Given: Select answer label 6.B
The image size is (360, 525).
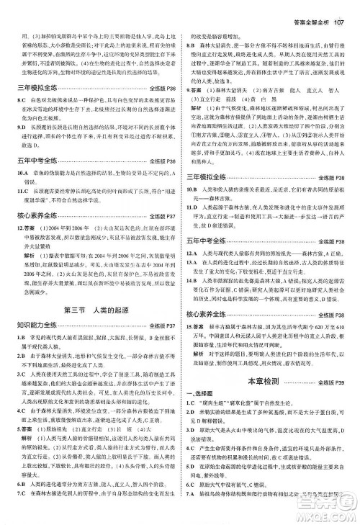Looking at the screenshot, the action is [x=14, y=502].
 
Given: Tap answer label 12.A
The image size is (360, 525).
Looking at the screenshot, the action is [x=195, y=253].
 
